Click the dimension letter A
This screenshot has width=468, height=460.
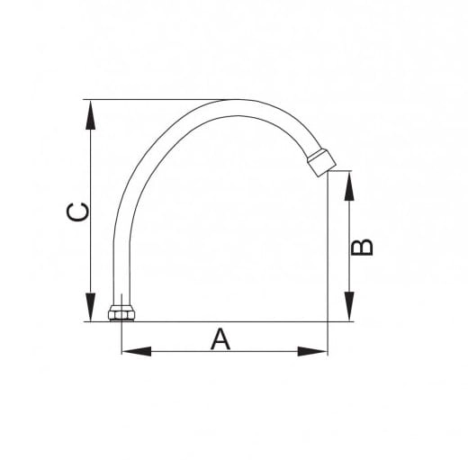[220, 339]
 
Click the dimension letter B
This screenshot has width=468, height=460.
[363, 248]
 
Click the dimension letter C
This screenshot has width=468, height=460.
[77, 212]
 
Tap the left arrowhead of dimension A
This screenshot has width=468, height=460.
[137, 351]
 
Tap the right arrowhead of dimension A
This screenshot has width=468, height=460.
[312, 351]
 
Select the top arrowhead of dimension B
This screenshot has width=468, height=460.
[349, 186]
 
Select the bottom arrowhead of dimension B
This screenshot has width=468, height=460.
[349, 306]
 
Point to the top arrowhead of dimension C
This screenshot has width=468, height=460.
[90, 115]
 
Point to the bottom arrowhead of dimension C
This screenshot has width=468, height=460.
[90, 307]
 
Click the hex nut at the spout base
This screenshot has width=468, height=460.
[121, 313]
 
